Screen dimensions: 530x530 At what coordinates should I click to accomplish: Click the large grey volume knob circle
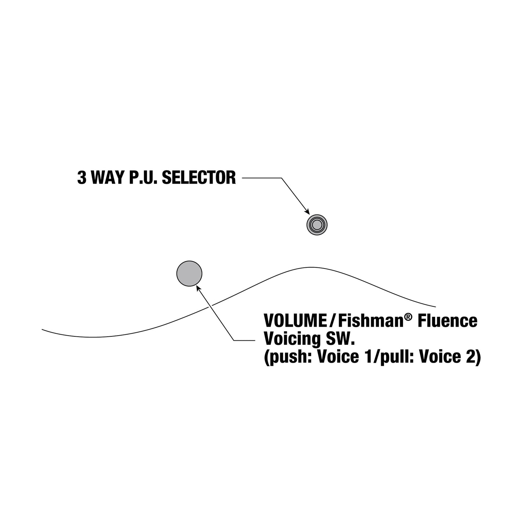click(189, 273)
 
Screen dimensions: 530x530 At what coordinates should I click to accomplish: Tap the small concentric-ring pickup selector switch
click(317, 225)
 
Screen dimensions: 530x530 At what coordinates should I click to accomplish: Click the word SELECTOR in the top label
click(199, 178)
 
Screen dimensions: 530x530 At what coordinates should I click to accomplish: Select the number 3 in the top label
click(82, 178)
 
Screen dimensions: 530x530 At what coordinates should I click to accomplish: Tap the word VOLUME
click(295, 321)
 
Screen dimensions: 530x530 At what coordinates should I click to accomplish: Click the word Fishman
click(371, 321)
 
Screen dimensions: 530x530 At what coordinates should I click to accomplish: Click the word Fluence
click(447, 321)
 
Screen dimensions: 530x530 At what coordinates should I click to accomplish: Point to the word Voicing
click(292, 339)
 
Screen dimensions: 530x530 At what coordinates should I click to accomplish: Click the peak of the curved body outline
click(312, 267)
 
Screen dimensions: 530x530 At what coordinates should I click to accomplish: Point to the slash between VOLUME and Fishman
click(332, 321)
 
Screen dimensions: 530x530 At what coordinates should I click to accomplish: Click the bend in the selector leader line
click(281, 178)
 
